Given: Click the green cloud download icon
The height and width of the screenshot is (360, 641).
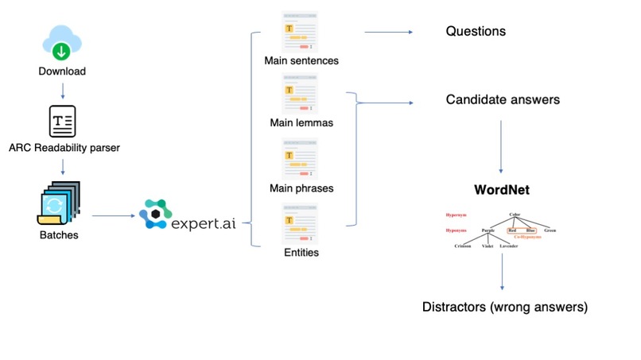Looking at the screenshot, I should pyautogui.click(x=61, y=42).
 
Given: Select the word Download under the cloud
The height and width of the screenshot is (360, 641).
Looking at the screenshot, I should pyautogui.click(x=61, y=72).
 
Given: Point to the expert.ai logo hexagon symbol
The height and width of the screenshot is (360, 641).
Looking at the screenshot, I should pyautogui.click(x=154, y=215).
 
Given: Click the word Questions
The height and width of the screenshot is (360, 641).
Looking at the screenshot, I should pyautogui.click(x=475, y=33).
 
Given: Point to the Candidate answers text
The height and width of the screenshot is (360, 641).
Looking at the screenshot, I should pyautogui.click(x=503, y=100).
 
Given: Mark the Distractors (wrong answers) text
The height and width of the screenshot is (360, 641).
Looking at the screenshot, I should pyautogui.click(x=505, y=307).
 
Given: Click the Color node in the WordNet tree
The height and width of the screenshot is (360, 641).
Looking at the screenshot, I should pyautogui.click(x=515, y=214).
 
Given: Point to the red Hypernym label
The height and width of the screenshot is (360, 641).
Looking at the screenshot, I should pyautogui.click(x=456, y=215).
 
